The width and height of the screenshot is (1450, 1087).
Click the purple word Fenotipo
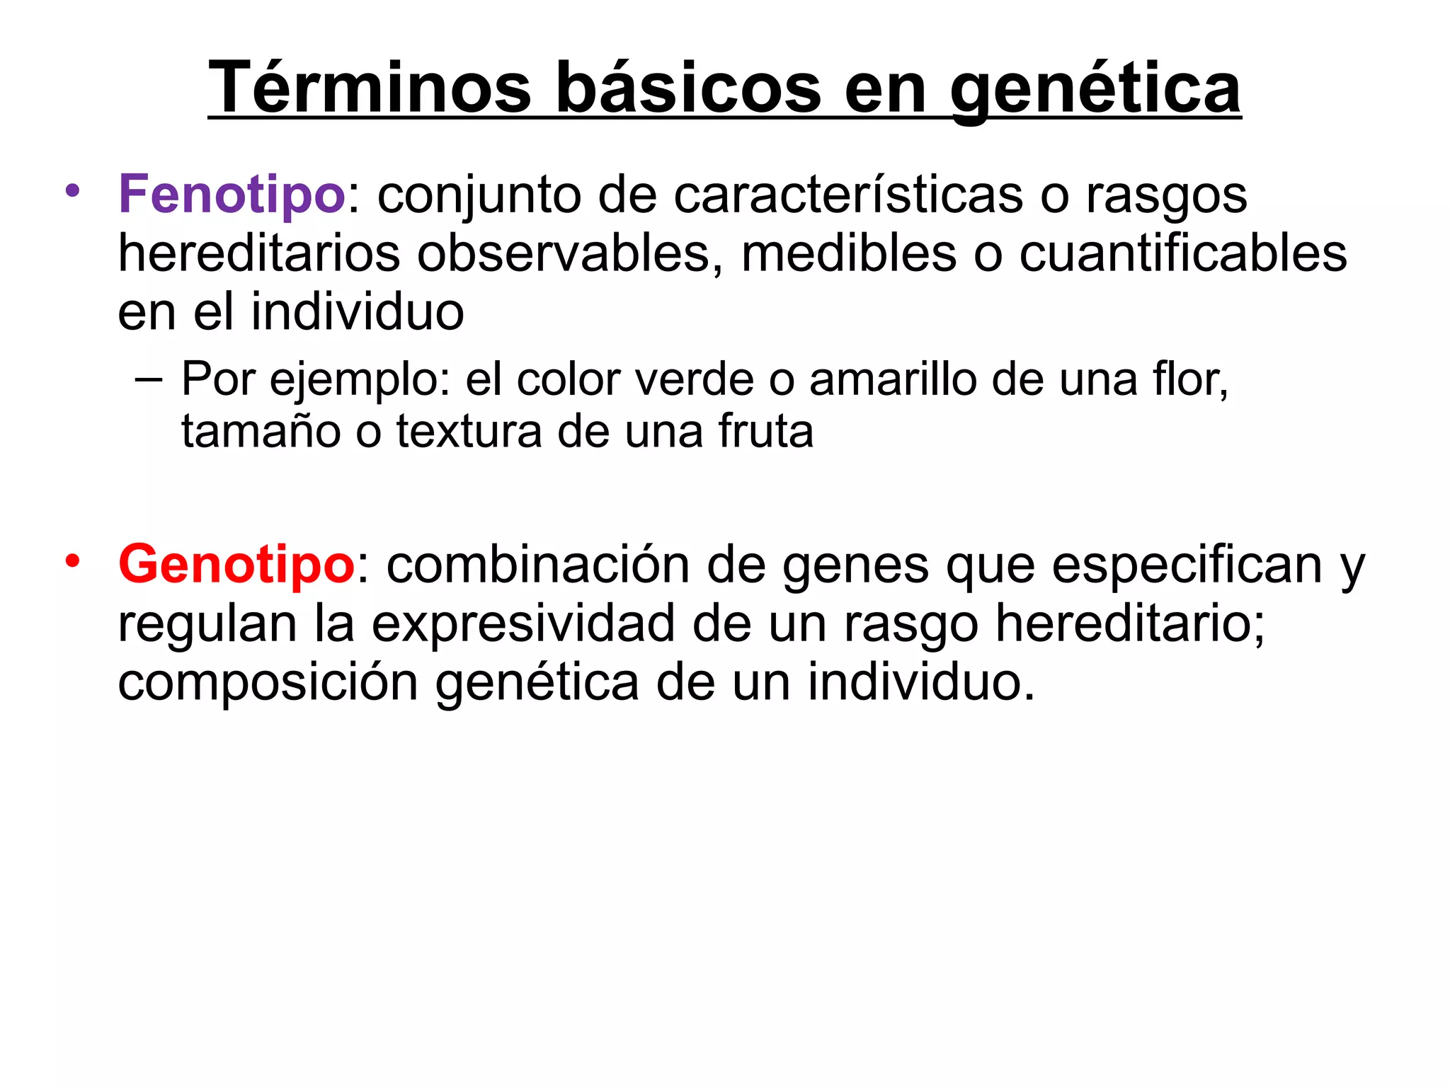click(x=232, y=194)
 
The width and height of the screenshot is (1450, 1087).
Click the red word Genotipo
click(x=236, y=565)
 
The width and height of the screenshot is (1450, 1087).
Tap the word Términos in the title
click(x=369, y=88)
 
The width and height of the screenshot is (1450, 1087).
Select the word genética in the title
click(x=1095, y=88)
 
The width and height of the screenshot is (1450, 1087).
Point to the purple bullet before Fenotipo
click(x=72, y=190)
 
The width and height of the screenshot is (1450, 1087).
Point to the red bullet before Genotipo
click(x=72, y=561)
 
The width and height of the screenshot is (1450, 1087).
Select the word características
click(x=847, y=194)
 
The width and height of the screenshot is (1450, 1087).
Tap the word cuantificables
click(x=1182, y=253)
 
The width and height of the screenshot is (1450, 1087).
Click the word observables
click(x=564, y=253)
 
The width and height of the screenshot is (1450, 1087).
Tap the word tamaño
click(x=261, y=432)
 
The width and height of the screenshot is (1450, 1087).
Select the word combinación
click(x=538, y=565)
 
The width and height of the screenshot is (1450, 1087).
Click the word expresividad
click(x=523, y=623)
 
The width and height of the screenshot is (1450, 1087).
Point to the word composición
click(x=268, y=682)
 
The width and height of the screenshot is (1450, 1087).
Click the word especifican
click(x=1187, y=565)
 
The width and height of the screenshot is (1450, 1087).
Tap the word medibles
click(x=848, y=253)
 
